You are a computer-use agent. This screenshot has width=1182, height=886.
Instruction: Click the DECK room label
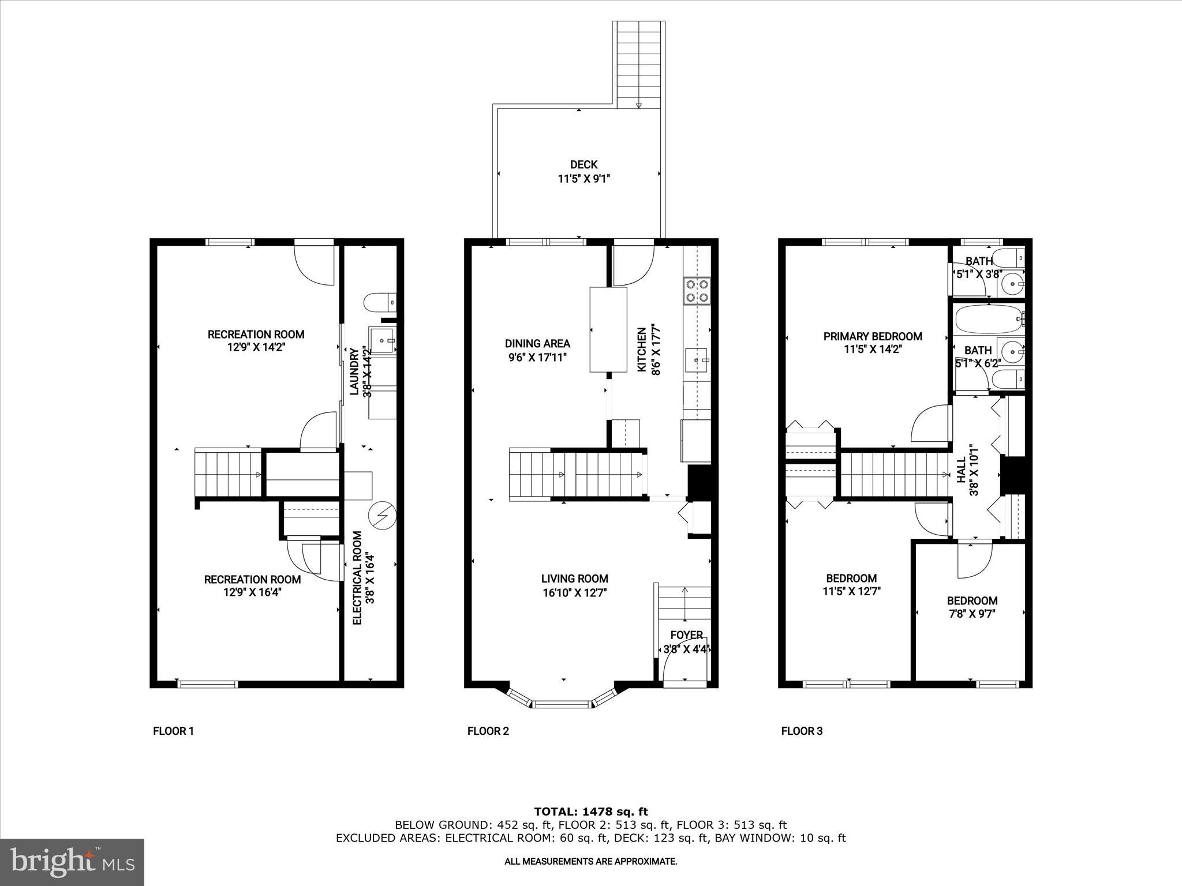click(583, 165)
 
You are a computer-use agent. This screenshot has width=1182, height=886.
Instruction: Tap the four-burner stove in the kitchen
click(697, 291)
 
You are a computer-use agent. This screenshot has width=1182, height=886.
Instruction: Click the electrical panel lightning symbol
click(382, 515)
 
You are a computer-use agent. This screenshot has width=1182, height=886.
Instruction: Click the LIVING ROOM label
click(574, 579)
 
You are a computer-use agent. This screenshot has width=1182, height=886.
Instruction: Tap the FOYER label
click(686, 635)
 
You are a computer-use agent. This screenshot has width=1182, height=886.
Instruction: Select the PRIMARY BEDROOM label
click(872, 336)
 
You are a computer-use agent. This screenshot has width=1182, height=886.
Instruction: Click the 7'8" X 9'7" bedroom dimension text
click(972, 614)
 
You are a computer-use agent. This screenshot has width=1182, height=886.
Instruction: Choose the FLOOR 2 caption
click(488, 731)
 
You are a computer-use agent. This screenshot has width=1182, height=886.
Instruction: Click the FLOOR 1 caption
click(173, 731)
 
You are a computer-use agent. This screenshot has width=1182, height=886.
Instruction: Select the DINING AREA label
click(537, 343)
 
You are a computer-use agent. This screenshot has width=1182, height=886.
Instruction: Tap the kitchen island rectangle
click(608, 329)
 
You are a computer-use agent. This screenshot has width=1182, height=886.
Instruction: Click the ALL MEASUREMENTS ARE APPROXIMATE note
click(590, 861)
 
